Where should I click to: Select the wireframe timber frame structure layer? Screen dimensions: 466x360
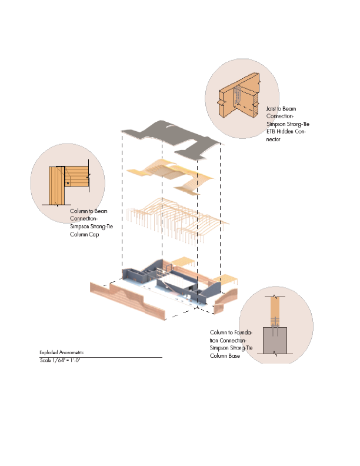[x=176, y=221]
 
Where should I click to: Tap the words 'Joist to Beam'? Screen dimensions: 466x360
[x=281, y=109]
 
